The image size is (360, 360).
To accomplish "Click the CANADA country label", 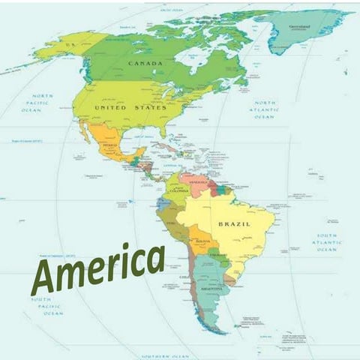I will coord(145,64).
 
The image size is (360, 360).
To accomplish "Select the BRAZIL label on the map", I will coord(234,224).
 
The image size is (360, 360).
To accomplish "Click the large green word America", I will coord(97,268).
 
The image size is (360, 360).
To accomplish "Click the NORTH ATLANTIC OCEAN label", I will coord(265,109).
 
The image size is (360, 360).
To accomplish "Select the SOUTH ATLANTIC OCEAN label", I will coord(326,242).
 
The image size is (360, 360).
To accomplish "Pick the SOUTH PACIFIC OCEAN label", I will coord(47,306).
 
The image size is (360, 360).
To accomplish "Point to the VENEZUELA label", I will coord(196,181).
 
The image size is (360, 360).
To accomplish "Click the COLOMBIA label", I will coord(178,190).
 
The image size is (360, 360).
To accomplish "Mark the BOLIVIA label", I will coord(199,241).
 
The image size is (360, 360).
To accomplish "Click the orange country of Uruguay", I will coord(228,280).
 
